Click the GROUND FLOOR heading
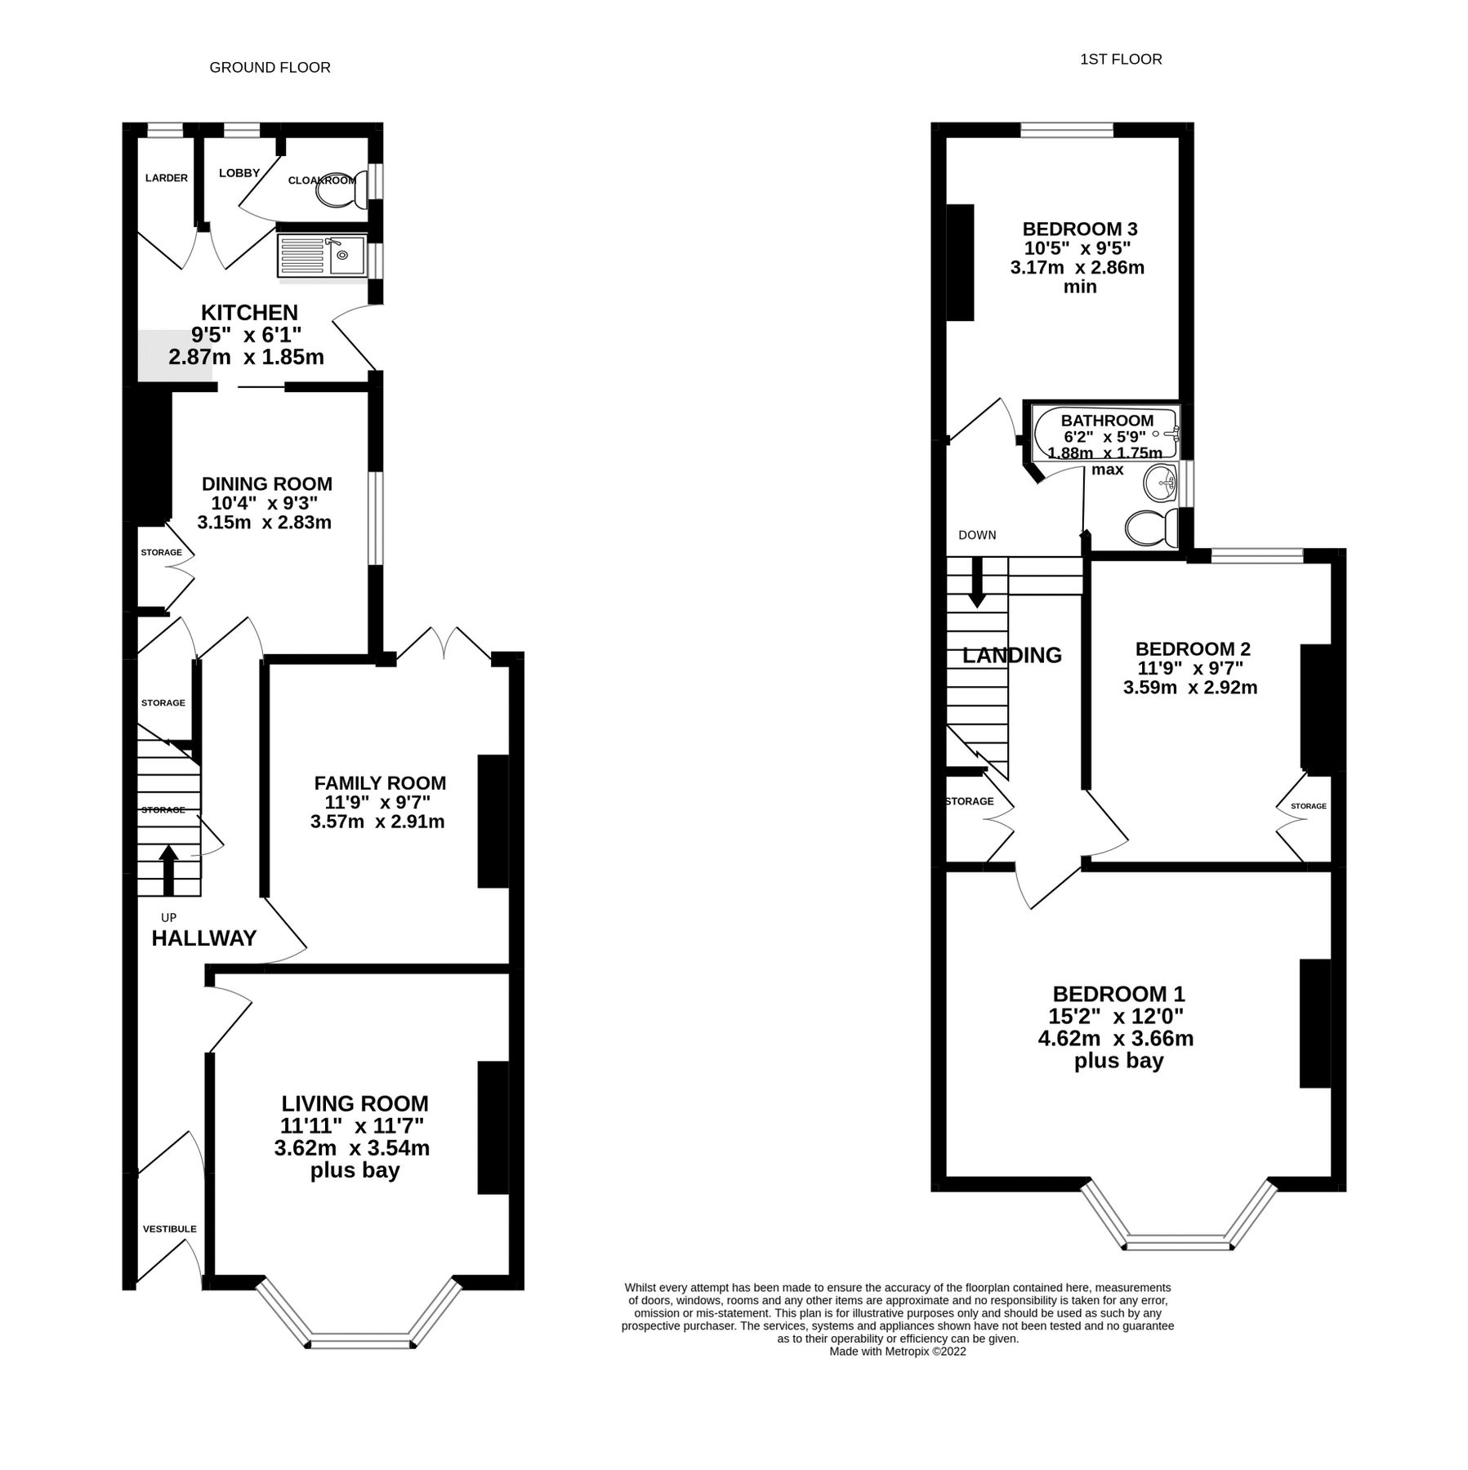[x=270, y=68]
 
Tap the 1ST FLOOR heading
[x=1120, y=59]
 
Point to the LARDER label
[x=166, y=178]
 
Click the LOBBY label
[x=239, y=173]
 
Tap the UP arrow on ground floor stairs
[x=168, y=871]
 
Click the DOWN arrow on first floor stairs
[x=976, y=583]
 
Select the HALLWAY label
[x=204, y=938]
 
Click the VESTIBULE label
[x=169, y=1229]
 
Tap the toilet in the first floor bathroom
[x=1150, y=528]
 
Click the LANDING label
[x=1011, y=655]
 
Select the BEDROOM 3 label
[x=1080, y=229]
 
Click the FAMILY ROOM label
[x=380, y=782]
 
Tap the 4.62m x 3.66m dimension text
[x=1115, y=1039]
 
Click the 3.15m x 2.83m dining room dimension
[x=264, y=523]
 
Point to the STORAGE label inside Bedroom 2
[x=1308, y=806]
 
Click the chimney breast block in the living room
[x=493, y=1127]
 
